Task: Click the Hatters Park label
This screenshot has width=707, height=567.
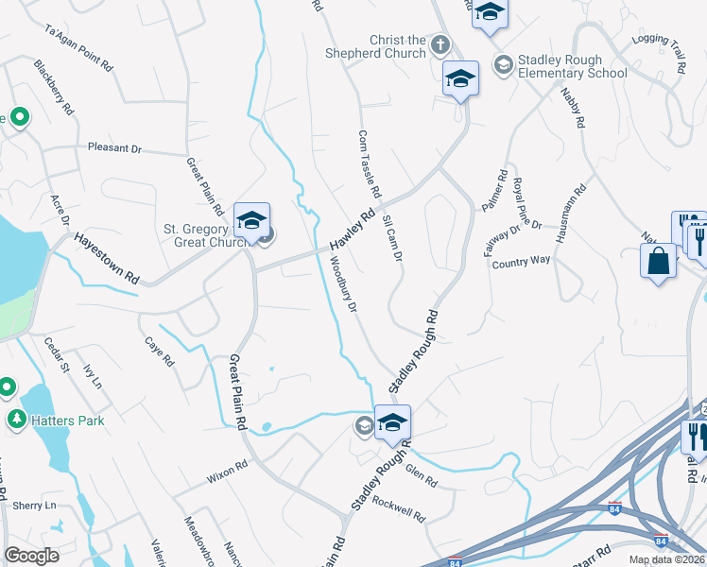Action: pyautogui.click(x=66, y=420)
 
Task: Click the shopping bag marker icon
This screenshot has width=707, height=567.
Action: pyautogui.click(x=659, y=261)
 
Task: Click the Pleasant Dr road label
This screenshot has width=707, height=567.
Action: pyautogui.click(x=114, y=148)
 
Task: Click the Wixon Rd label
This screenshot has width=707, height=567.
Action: pyautogui.click(x=227, y=466)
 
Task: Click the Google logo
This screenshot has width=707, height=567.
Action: pyautogui.click(x=31, y=556)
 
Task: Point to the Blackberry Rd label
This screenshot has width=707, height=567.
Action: pyautogui.click(x=54, y=88)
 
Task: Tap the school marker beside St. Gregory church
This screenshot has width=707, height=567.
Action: pyautogui.click(x=252, y=221)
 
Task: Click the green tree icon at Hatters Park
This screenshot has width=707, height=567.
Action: pyautogui.click(x=15, y=419)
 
